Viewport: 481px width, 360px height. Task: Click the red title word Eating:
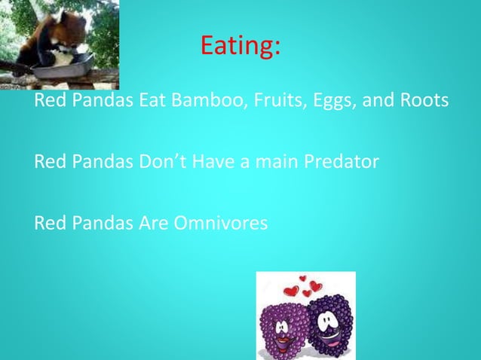click(240, 47)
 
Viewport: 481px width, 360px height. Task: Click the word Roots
click(424, 100)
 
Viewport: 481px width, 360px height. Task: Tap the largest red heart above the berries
click(292, 291)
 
